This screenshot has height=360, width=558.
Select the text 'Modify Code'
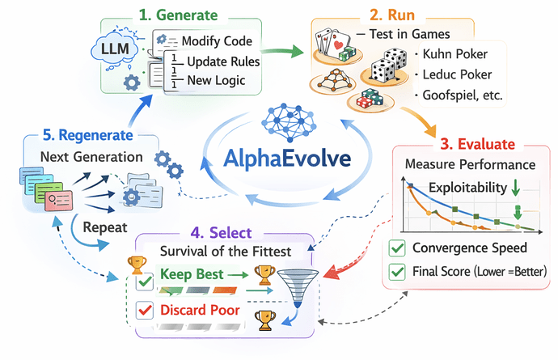coord(217,41)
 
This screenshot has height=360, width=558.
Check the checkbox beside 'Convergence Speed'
coord(398,248)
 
